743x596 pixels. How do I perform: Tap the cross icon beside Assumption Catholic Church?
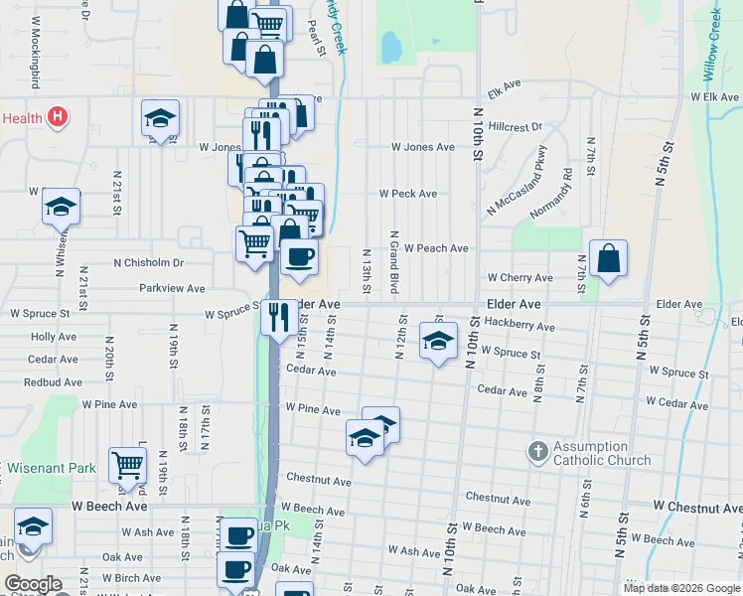click(x=537, y=452)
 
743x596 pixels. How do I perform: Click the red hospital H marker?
click(x=58, y=117)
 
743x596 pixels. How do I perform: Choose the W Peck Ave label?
click(x=408, y=194)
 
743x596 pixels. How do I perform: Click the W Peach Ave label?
click(x=436, y=248)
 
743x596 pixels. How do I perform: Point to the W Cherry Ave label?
click(x=520, y=278)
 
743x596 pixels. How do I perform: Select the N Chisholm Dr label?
click(x=149, y=263)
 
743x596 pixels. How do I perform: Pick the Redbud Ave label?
click(x=55, y=381)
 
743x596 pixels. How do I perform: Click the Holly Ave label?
click(x=55, y=337)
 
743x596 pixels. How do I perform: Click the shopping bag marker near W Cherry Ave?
click(x=608, y=260)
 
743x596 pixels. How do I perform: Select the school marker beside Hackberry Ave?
click(x=437, y=342)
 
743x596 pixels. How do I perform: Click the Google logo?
click(x=33, y=584)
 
